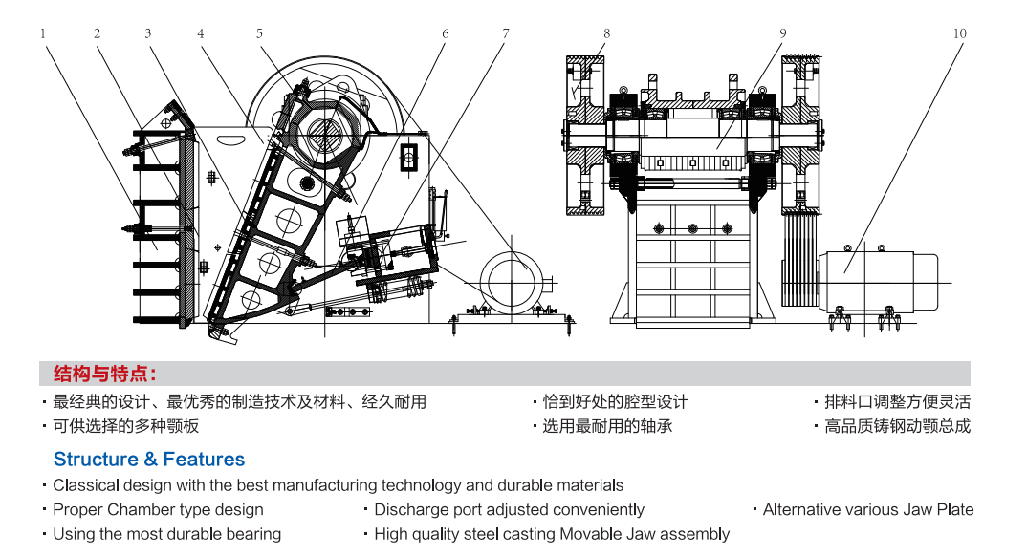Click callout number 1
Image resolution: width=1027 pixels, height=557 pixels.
click(43, 33)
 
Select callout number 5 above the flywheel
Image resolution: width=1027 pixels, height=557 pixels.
click(259, 33)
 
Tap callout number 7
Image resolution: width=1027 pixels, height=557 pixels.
click(506, 33)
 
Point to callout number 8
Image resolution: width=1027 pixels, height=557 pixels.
click(606, 33)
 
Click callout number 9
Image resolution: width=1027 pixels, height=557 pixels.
click(782, 33)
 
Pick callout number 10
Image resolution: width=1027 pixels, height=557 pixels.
click(959, 33)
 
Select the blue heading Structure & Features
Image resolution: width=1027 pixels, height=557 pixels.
click(149, 460)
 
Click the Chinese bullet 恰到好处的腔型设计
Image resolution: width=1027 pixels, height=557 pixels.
click(615, 402)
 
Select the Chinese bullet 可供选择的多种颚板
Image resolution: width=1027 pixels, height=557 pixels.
click(125, 426)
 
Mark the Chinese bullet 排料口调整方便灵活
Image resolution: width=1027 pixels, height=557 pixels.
click(897, 402)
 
